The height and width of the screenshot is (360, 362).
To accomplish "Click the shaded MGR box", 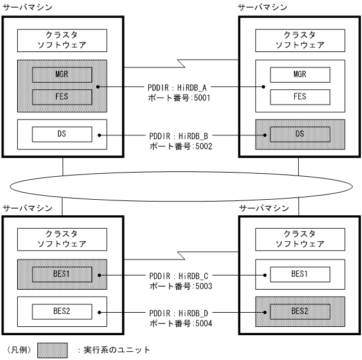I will point(62,75).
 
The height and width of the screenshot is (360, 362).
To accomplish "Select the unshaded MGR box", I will point(299,74).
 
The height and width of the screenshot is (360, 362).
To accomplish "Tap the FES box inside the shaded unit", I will point(62,97).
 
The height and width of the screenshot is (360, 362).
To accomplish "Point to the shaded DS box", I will point(299,134).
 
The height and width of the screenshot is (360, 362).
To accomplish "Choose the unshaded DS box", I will point(62,134).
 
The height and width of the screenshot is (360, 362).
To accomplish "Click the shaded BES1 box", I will point(62,275).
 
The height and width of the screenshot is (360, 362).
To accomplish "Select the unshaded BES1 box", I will point(299,274).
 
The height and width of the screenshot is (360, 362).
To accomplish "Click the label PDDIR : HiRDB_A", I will point(181,87).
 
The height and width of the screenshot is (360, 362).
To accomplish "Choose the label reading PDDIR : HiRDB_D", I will point(181,312).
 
